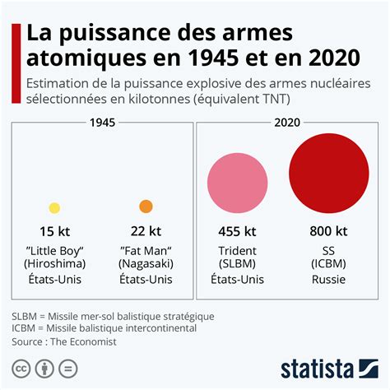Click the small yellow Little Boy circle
pyautogui.click(x=54, y=208)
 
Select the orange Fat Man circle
pyautogui.click(x=146, y=207)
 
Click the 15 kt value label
pyautogui.click(x=54, y=231)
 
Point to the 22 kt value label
pyautogui.click(x=146, y=231)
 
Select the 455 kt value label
pyautogui.click(x=237, y=231)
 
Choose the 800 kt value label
pyautogui.click(x=328, y=231)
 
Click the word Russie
pyautogui.click(x=328, y=280)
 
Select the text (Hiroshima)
pyautogui.click(x=54, y=264)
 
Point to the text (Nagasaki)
pyautogui.click(x=146, y=264)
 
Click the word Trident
pyautogui.click(x=237, y=250)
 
